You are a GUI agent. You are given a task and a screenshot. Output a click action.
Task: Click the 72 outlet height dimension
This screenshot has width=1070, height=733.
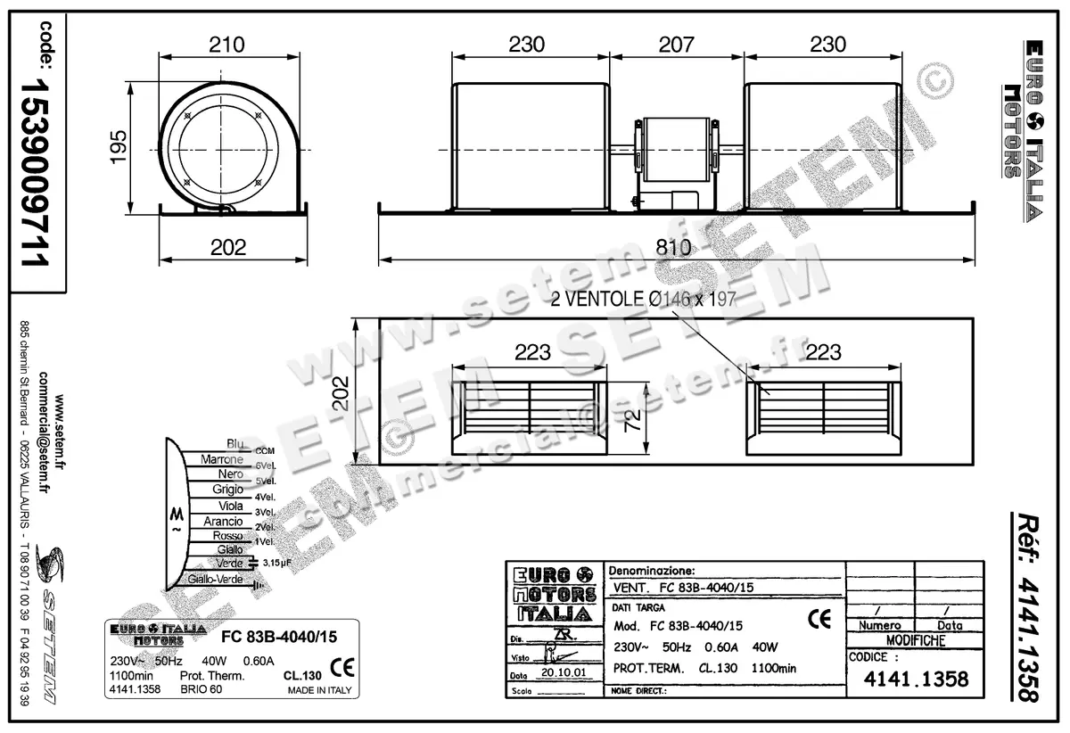630,421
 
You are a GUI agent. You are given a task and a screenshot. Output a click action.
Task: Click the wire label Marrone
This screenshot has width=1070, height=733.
222,459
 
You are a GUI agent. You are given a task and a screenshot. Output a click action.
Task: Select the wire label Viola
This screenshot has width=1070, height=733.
230,506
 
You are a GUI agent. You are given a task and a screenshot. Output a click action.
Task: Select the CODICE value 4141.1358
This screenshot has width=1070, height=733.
916,680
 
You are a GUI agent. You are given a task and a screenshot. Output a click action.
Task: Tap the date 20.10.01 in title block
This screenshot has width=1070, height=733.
563,674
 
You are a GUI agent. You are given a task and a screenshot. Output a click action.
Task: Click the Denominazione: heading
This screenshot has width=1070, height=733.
650,570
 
